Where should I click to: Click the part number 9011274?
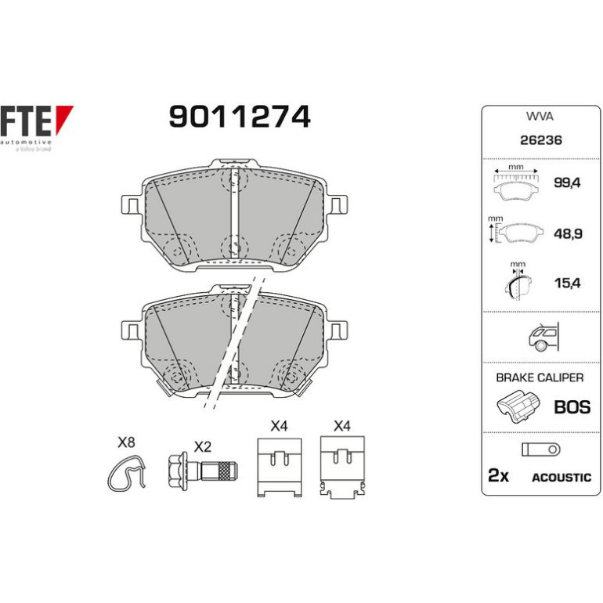[x=240, y=117]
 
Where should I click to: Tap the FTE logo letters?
[x=25, y=121]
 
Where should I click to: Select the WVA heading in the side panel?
[x=540, y=117]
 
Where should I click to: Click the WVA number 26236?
[x=540, y=140]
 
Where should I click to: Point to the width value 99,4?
[x=567, y=182]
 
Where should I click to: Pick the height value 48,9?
[x=568, y=233]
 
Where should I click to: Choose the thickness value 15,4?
[x=567, y=283]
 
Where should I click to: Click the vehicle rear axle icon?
[x=543, y=338]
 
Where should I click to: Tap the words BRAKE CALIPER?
[x=540, y=377]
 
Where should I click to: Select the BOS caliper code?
[x=572, y=407]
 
